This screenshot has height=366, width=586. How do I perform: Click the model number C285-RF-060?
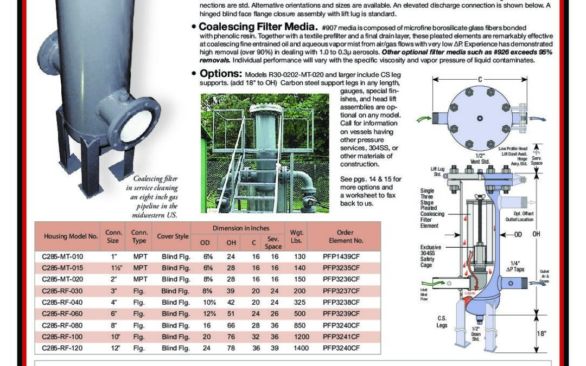click(62, 314)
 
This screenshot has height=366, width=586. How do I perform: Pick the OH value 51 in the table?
click(231, 314)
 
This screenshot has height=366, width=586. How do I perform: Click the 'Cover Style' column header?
click(173, 236)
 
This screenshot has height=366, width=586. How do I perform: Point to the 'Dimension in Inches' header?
click(240, 228)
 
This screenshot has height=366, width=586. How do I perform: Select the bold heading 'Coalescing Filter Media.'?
click(258, 27)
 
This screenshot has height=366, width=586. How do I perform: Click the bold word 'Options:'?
click(220, 74)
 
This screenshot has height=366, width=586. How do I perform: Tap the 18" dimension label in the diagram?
click(541, 333)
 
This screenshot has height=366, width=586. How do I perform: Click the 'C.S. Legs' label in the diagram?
click(442, 322)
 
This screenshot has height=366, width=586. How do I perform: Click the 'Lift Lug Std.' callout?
click(437, 172)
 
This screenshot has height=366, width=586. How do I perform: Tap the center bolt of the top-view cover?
click(480, 118)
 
